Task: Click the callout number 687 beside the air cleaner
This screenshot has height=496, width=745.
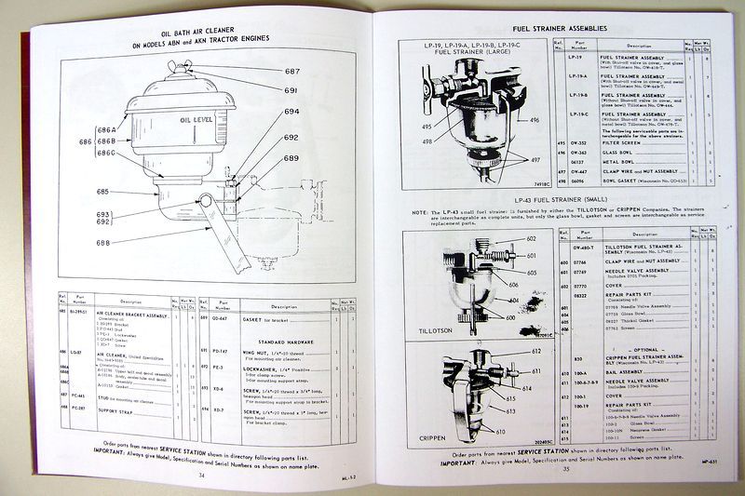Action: (292, 72)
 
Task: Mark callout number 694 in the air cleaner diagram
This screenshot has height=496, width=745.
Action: (291, 112)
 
